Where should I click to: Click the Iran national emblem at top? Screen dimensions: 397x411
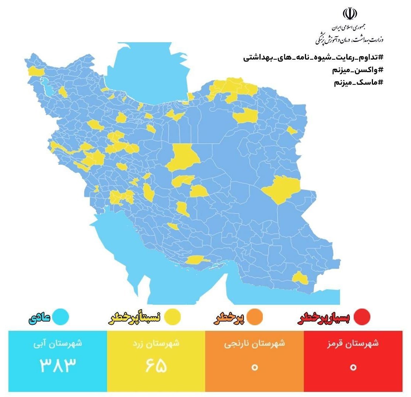point(350,13)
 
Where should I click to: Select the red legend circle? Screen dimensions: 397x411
point(361,317)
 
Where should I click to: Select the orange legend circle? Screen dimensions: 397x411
point(255,317)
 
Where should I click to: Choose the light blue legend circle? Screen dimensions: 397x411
point(60,317)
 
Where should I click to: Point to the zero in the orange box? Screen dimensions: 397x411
point(254,367)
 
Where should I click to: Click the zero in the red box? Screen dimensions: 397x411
point(353,367)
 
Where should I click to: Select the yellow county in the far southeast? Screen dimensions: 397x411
point(299,278)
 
